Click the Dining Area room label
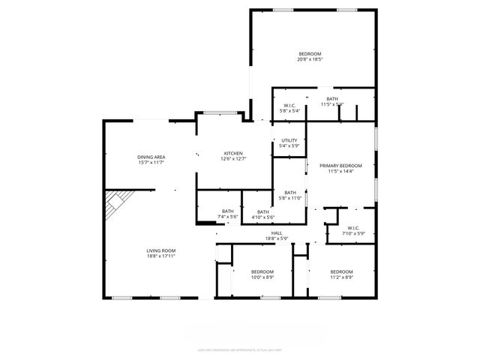point(151,156)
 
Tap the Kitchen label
point(233,153)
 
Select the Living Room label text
point(161,250)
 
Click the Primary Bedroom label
point(340,165)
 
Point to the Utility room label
point(289,140)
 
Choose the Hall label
point(277,233)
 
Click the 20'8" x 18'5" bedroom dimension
point(310,60)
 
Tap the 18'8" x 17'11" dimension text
point(161,256)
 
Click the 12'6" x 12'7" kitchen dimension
point(233,159)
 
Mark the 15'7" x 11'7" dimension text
point(151,162)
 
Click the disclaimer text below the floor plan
point(240,349)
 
